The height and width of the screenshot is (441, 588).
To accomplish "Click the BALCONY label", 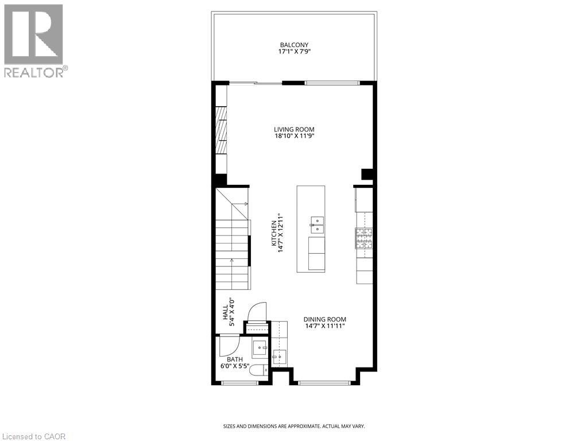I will [294, 45].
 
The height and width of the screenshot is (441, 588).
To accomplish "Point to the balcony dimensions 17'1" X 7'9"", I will [294, 52].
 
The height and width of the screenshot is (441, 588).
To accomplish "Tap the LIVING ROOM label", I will [294, 129].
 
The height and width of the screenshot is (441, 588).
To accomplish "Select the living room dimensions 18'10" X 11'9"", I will [294, 137].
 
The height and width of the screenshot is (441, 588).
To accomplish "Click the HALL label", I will [226, 312].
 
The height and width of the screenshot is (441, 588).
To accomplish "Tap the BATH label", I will [234, 359].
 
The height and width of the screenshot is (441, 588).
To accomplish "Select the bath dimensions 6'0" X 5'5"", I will [234, 366].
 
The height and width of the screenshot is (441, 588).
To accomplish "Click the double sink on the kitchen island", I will [317, 225].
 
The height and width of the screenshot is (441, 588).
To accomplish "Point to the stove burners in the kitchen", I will [363, 237].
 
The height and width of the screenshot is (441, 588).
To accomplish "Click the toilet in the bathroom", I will [259, 370].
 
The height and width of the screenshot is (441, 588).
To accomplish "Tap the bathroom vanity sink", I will [260, 347].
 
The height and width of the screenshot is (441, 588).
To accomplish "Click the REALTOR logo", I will [34, 40].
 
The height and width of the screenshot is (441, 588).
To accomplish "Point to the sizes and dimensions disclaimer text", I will [294, 426].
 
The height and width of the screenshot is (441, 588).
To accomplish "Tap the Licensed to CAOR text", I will [33, 436].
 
